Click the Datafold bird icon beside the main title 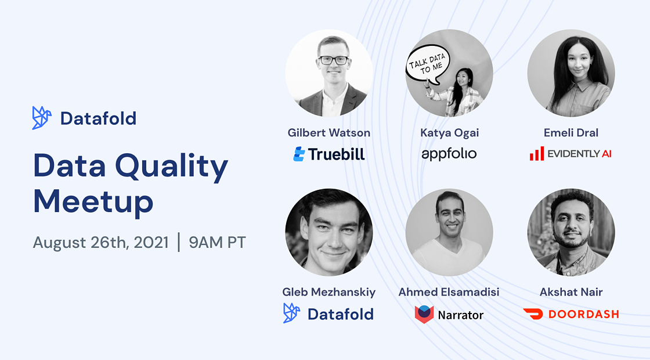[x=42, y=118]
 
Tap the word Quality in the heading [x=171, y=167]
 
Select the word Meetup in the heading [x=93, y=202]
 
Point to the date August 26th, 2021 [x=101, y=242]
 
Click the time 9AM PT [x=217, y=242]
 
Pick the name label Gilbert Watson [x=328, y=133]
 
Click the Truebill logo [x=329, y=154]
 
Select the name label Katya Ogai [x=449, y=133]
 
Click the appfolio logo [x=449, y=154]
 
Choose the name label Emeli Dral [x=571, y=133]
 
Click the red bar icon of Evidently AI [x=536, y=154]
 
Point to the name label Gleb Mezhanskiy [x=328, y=292]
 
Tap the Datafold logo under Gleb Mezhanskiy [x=328, y=314]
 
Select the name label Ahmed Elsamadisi [x=449, y=292]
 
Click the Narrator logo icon [x=424, y=314]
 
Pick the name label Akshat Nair [x=571, y=292]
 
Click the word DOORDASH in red [x=584, y=314]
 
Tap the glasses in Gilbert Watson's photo [x=333, y=60]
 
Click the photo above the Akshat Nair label [x=571, y=232]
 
